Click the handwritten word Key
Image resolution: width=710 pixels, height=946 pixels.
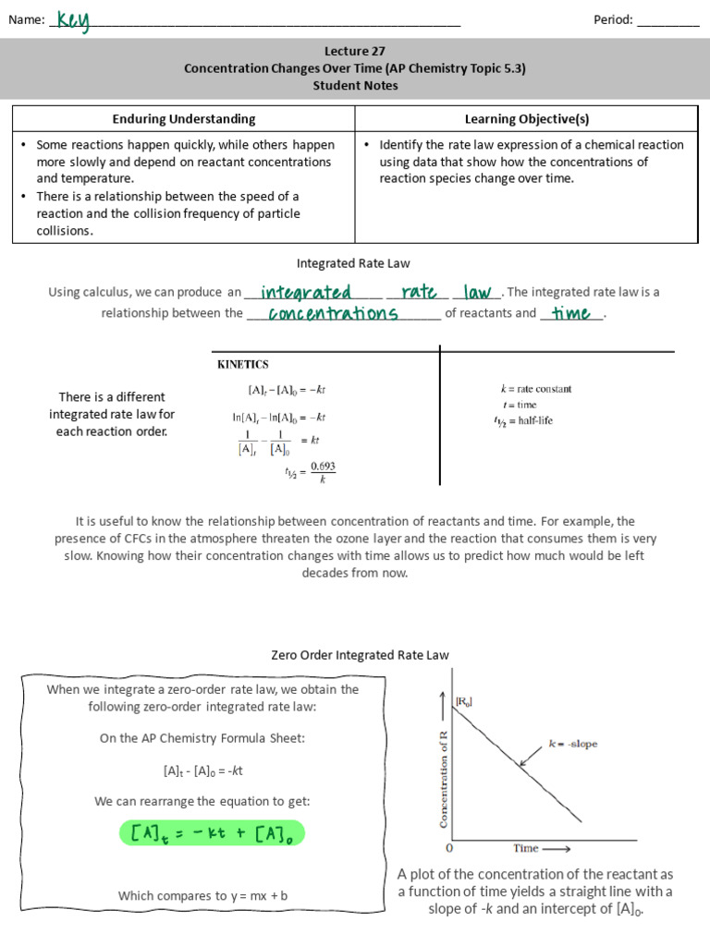tap(73, 20)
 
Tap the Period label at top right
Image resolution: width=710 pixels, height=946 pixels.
tap(613, 20)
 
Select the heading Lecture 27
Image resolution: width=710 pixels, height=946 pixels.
tap(355, 52)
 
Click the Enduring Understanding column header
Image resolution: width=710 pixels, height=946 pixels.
tap(184, 119)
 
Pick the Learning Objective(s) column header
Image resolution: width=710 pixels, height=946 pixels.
tap(526, 119)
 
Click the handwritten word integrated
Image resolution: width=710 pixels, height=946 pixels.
tap(306, 293)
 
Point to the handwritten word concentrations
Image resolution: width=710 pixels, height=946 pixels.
tap(333, 314)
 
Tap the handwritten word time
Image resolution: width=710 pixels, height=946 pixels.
tap(570, 314)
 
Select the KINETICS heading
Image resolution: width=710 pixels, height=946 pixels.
tap(243, 365)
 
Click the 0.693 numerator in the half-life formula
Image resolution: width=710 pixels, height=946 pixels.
tap(323, 467)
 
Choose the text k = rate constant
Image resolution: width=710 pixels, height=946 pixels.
tap(535, 389)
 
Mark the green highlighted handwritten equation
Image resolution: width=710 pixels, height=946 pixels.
tap(212, 834)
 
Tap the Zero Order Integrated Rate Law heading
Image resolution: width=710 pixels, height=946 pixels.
tap(360, 655)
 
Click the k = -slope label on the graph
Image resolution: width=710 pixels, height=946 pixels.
tap(572, 744)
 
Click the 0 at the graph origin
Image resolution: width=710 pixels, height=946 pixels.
tap(449, 848)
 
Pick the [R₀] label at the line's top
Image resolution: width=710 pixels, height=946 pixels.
tap(463, 702)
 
